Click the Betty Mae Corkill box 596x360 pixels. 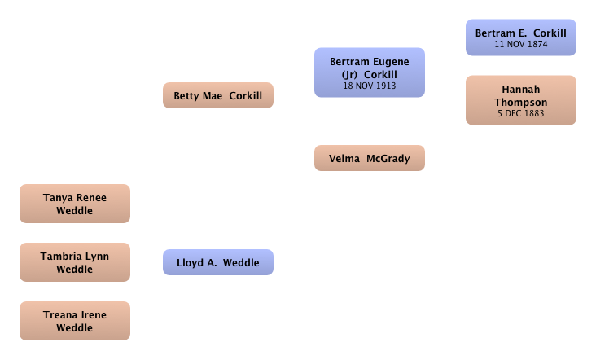click(x=218, y=95)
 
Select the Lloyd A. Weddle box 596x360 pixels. click(x=218, y=262)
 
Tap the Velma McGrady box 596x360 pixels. click(x=370, y=158)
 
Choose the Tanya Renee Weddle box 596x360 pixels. click(x=75, y=204)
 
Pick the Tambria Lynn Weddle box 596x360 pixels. click(x=75, y=262)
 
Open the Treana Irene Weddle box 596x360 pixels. click(x=75, y=321)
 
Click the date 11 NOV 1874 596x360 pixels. click(x=521, y=44)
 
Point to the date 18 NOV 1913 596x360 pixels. click(x=370, y=86)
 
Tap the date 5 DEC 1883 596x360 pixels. click(x=521, y=113)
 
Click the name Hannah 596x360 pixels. click(x=521, y=90)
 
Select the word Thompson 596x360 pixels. click(x=521, y=103)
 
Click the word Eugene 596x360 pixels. click(x=391, y=62)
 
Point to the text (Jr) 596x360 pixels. click(x=349, y=74)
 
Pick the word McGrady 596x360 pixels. click(x=388, y=159)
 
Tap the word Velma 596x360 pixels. click(x=344, y=159)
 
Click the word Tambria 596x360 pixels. click(x=58, y=257)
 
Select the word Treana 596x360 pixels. click(x=58, y=315)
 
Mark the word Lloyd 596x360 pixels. click(x=190, y=263)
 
